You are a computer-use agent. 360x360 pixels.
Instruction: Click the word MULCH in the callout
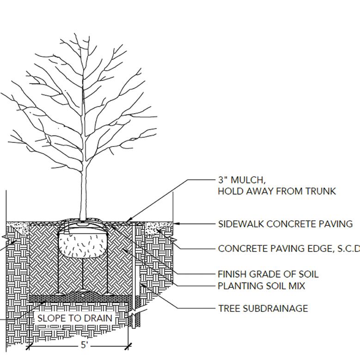tap(247, 180)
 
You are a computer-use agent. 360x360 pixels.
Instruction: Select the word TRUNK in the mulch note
tap(319, 191)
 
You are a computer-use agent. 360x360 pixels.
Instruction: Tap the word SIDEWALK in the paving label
tap(241, 224)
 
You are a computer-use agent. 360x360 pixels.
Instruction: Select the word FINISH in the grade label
tap(232, 274)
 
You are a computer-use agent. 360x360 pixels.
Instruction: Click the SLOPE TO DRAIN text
tap(75, 318)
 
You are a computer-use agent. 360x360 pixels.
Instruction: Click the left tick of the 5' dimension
tap(29, 345)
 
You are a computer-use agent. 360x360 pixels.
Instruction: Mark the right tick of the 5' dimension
tap(128, 345)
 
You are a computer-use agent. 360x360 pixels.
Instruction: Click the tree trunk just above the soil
tap(84, 203)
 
